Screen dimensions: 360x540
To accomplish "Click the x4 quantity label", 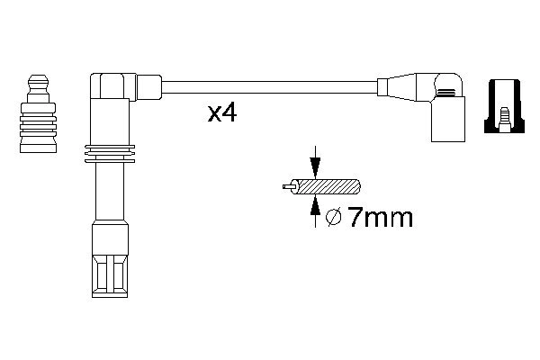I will click(x=221, y=113).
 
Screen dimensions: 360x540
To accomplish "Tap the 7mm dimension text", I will click(x=378, y=219).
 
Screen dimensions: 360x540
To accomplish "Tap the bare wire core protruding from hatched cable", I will click(x=287, y=188).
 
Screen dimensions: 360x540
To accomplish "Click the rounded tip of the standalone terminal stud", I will click(x=38, y=82).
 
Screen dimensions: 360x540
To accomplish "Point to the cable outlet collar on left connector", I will click(x=150, y=87).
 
